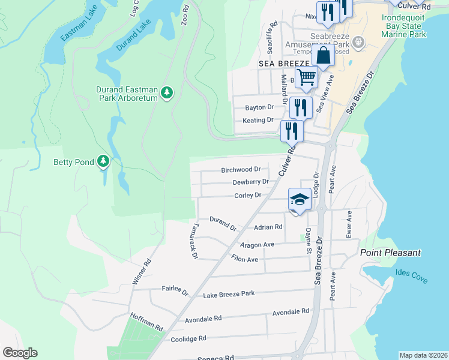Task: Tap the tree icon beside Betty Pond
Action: pyautogui.click(x=104, y=161)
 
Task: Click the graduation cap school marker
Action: pyautogui.click(x=300, y=199)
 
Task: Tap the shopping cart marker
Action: pyautogui.click(x=306, y=77)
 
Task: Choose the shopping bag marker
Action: pyautogui.click(x=323, y=56)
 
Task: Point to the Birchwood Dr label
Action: pyautogui.click(x=241, y=170)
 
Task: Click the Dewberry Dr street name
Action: pyautogui.click(x=250, y=182)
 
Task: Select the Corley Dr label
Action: pyautogui.click(x=247, y=195)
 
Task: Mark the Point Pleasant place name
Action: pyautogui.click(x=390, y=253)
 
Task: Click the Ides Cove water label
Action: pyautogui.click(x=411, y=273)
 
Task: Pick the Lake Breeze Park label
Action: pyautogui.click(x=229, y=294)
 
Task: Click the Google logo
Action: pyautogui.click(x=20, y=353)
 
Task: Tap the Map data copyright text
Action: pyautogui.click(x=423, y=355)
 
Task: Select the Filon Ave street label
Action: pyautogui.click(x=244, y=259)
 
